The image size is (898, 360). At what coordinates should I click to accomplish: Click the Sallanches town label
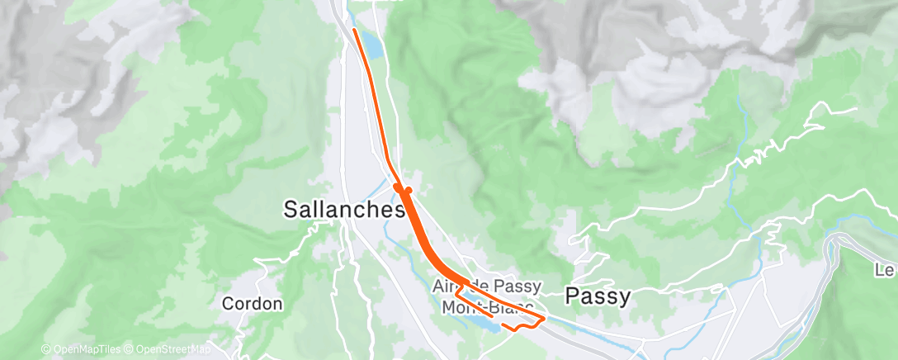point(343,210)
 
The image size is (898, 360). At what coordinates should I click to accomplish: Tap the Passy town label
point(597,296)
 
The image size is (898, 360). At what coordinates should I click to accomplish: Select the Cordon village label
point(252,304)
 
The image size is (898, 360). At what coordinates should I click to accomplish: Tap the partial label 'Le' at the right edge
point(886,270)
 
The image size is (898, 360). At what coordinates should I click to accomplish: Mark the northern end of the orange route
point(354,30)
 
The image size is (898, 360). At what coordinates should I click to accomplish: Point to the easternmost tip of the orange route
point(546,318)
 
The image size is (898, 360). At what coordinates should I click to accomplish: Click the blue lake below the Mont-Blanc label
point(479,324)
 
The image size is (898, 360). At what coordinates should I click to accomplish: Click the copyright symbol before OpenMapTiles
point(45,350)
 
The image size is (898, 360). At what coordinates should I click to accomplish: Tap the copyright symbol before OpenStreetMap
point(130,350)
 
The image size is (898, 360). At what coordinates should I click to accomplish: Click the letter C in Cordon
point(228,304)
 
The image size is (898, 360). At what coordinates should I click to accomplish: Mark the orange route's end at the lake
point(492,315)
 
